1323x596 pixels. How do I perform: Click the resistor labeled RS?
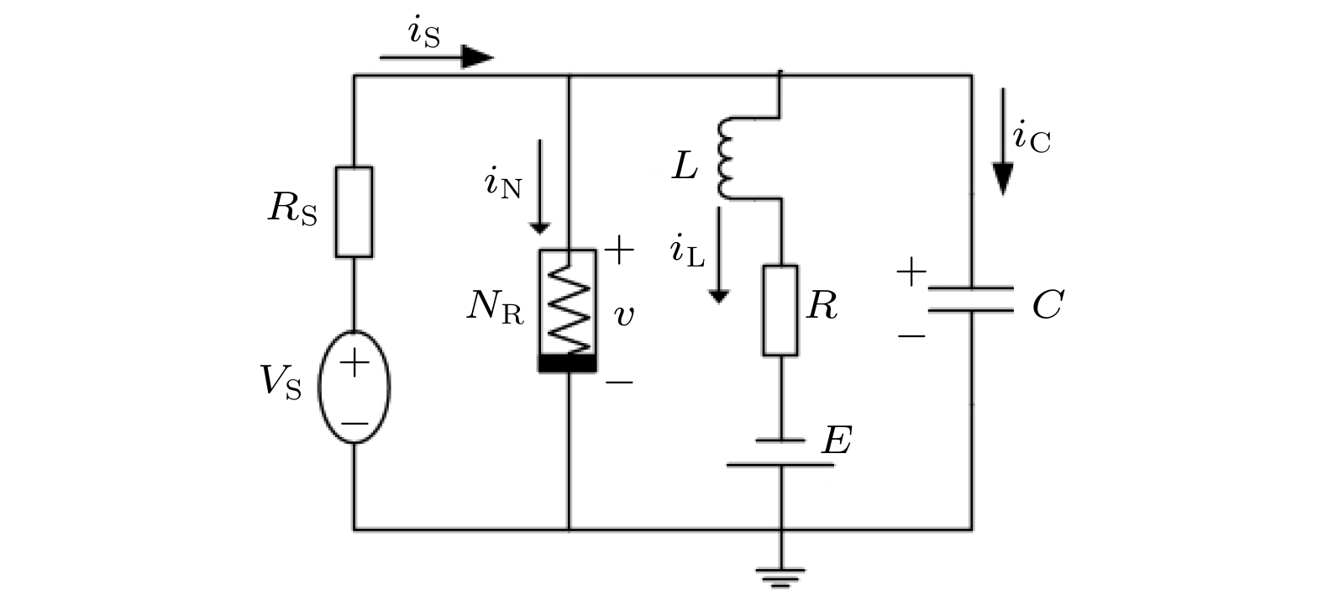tap(354, 212)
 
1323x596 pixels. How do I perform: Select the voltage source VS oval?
tap(354, 387)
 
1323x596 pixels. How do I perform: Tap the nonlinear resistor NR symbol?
tap(568, 310)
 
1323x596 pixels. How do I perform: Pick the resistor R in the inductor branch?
tap(780, 310)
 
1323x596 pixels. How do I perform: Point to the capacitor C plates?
tap(971, 299)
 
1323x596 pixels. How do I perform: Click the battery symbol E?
tap(780, 452)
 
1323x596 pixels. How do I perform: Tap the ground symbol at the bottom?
tap(780, 577)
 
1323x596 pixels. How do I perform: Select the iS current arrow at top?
tap(437, 57)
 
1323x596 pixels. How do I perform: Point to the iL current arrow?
tap(718, 255)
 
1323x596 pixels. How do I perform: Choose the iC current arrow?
tap(1002, 142)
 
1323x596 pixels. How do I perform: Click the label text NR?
tap(496, 309)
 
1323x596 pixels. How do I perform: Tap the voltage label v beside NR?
tap(624, 315)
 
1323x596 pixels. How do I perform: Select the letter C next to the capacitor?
tap(1047, 305)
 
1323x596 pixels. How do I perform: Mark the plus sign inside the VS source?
tap(354, 363)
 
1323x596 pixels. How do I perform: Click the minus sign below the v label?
tap(619, 382)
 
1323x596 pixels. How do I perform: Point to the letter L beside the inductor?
tap(685, 166)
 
